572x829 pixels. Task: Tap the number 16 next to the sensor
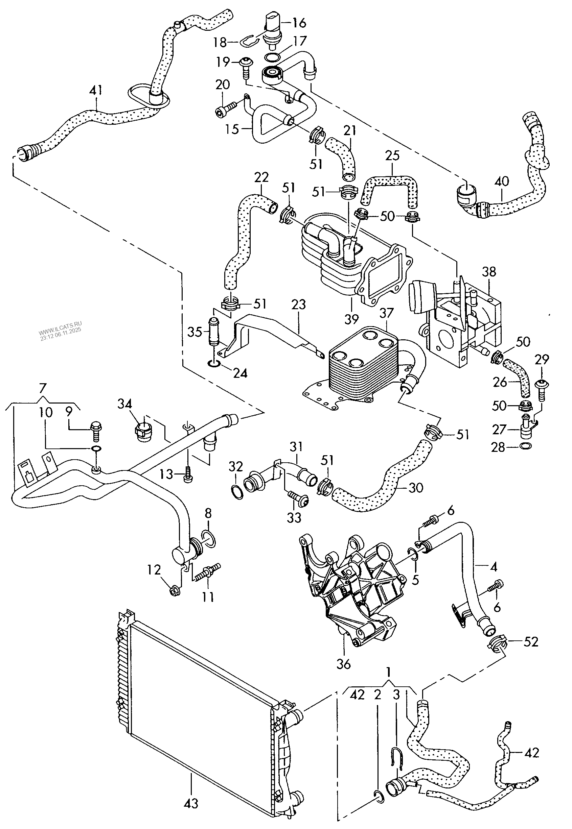(x=299, y=23)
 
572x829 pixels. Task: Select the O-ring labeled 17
(x=272, y=56)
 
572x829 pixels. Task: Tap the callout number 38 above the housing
(x=489, y=272)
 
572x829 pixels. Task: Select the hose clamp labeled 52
(x=498, y=643)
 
